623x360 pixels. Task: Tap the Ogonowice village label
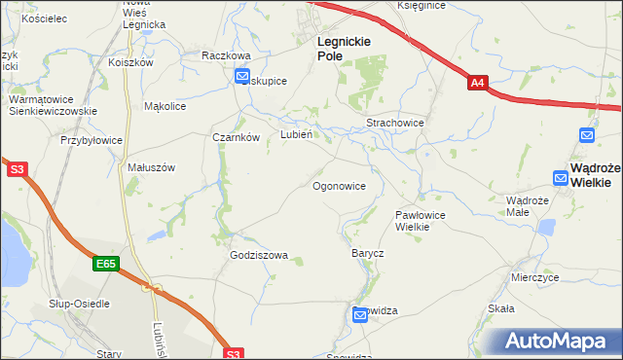339,185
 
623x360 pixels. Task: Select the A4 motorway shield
477,85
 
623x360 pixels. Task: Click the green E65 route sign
106,264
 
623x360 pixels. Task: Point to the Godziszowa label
259,256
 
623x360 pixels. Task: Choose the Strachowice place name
394,124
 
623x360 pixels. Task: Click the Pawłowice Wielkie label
420,220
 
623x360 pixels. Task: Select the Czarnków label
236,137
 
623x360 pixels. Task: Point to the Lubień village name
296,135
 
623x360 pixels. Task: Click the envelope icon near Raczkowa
242,77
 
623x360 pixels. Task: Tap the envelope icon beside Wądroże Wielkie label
560,177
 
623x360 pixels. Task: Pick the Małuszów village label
151,167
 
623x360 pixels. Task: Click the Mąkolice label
165,106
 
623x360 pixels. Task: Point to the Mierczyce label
534,277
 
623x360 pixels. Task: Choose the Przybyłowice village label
92,140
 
